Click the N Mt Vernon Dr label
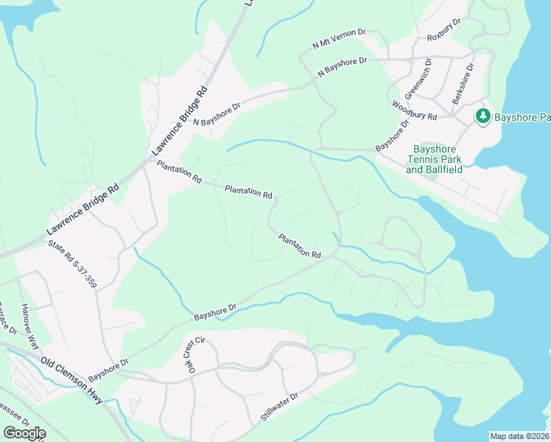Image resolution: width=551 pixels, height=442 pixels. coord(340,39)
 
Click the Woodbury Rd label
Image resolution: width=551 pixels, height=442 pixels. coord(415,111)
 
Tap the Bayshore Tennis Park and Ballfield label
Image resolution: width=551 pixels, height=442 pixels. coord(435,159)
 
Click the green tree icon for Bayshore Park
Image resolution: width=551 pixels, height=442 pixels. coord(482,116)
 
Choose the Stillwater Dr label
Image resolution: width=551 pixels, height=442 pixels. coord(278,407)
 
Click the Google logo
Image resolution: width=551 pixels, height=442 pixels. coord(24,433)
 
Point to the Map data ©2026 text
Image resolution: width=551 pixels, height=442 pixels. coord(519,436)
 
